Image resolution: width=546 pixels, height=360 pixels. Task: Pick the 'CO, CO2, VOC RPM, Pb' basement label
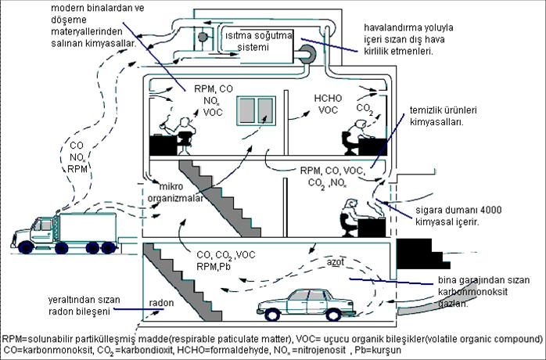(x=225, y=260)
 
